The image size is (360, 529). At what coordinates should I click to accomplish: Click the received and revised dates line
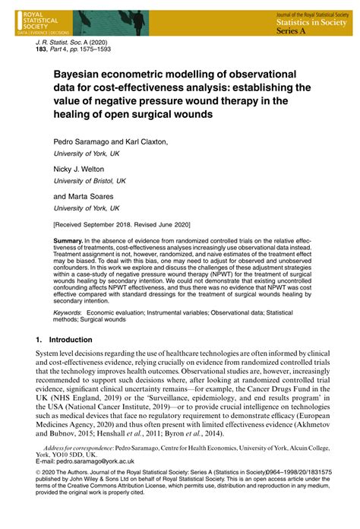tap(122, 224)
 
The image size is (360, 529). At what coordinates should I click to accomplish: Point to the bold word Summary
tap(70, 240)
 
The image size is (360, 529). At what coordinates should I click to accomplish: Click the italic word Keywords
tap(68, 312)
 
